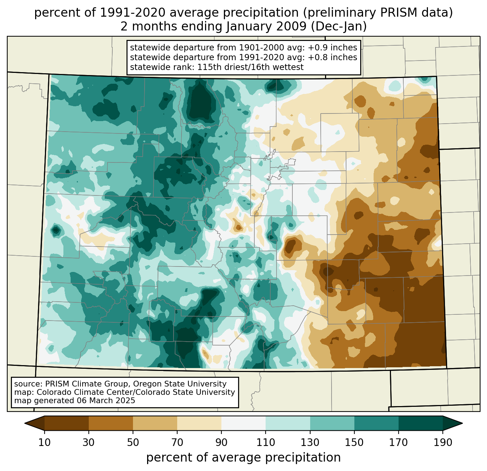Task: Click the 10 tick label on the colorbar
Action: coord(45,443)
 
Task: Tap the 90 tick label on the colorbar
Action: coord(221,443)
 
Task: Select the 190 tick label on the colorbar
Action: coord(442,443)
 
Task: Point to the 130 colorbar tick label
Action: coord(310,443)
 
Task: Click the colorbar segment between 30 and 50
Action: coord(111,423)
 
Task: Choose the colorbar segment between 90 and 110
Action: coord(243,423)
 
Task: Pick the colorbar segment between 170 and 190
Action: coord(420,423)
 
